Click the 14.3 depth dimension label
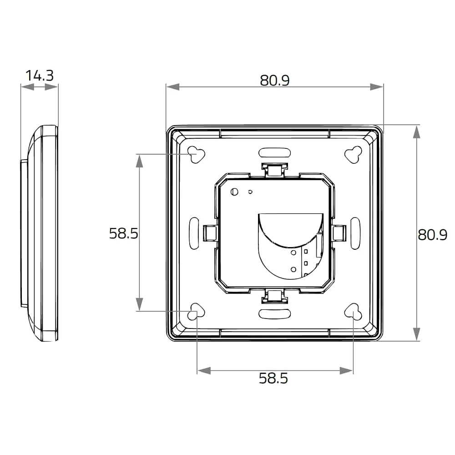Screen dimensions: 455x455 pyautogui.click(x=40, y=76)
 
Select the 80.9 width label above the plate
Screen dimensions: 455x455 pyautogui.click(x=274, y=80)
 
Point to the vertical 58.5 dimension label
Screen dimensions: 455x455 pyautogui.click(x=124, y=233)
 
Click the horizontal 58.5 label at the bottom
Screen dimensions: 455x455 pyautogui.click(x=273, y=378)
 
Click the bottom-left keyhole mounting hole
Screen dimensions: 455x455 pyautogui.click(x=197, y=312)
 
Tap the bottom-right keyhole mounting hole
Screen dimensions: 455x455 pyautogui.click(x=353, y=312)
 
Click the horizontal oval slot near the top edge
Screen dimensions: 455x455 pyautogui.click(x=275, y=152)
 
